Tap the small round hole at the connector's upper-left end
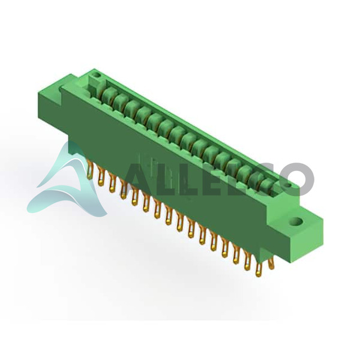click(x=96, y=75)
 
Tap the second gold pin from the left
click(x=101, y=176)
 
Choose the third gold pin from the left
click(x=112, y=183)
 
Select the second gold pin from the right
click(x=259, y=268)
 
